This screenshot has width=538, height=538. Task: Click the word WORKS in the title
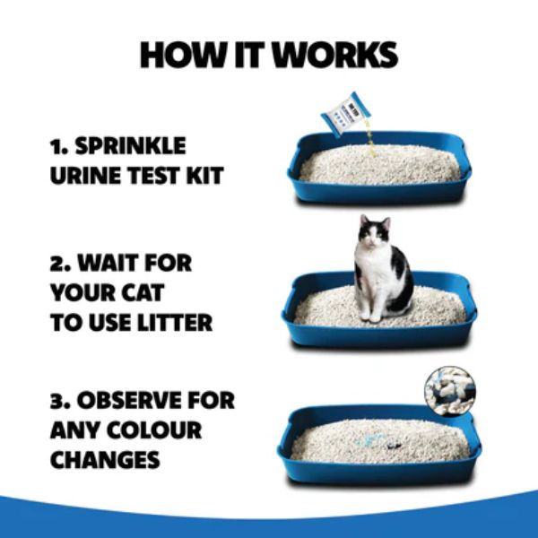click(x=335, y=55)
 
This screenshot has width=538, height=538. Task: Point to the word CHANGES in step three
click(x=105, y=460)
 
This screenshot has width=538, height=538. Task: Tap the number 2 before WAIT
click(x=58, y=265)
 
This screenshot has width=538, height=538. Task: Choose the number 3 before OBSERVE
click(x=58, y=401)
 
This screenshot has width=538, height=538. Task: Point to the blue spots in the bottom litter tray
click(x=371, y=440)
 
